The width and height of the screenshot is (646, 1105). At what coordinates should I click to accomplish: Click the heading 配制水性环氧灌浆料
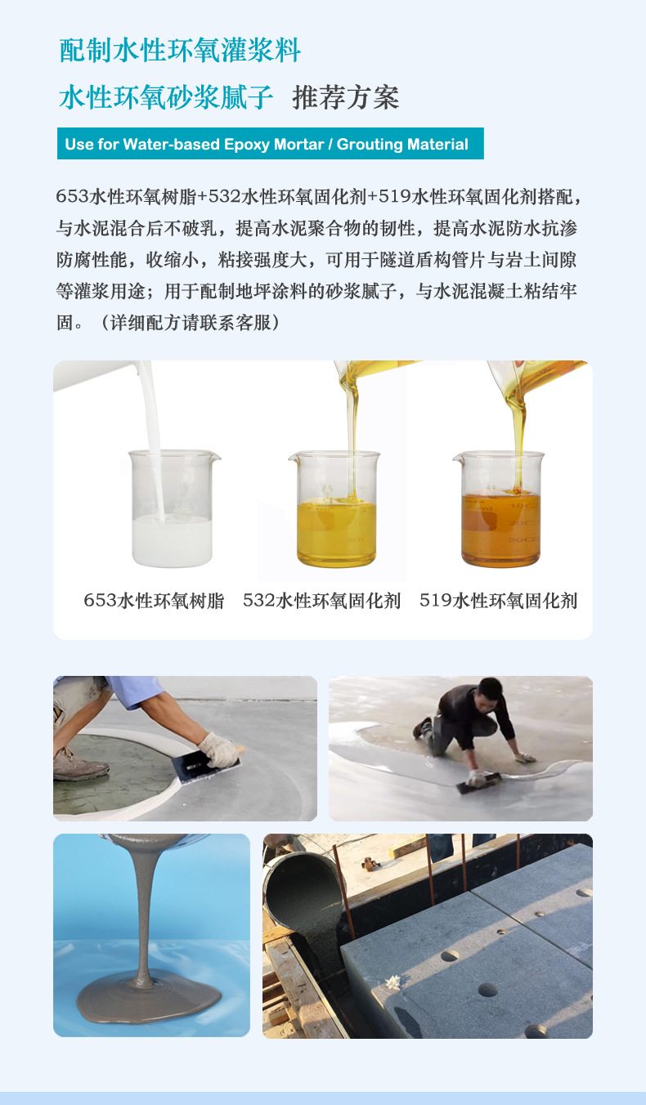coord(180,51)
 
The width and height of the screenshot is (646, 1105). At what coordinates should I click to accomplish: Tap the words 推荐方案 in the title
coord(345,97)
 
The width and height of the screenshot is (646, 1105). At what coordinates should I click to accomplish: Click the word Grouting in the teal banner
coord(372,145)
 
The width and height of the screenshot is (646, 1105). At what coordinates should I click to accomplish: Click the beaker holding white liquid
coord(173,511)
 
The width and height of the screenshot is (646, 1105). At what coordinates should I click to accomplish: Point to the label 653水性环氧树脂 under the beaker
coord(154,601)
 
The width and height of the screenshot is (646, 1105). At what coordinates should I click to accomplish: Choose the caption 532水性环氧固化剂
coord(321,601)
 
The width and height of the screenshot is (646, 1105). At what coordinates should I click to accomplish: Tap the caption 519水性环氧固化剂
coord(498,601)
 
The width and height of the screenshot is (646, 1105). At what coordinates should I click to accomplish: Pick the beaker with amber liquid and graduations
coord(500,511)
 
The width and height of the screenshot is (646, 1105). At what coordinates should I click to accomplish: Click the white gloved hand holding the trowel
coord(218,748)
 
